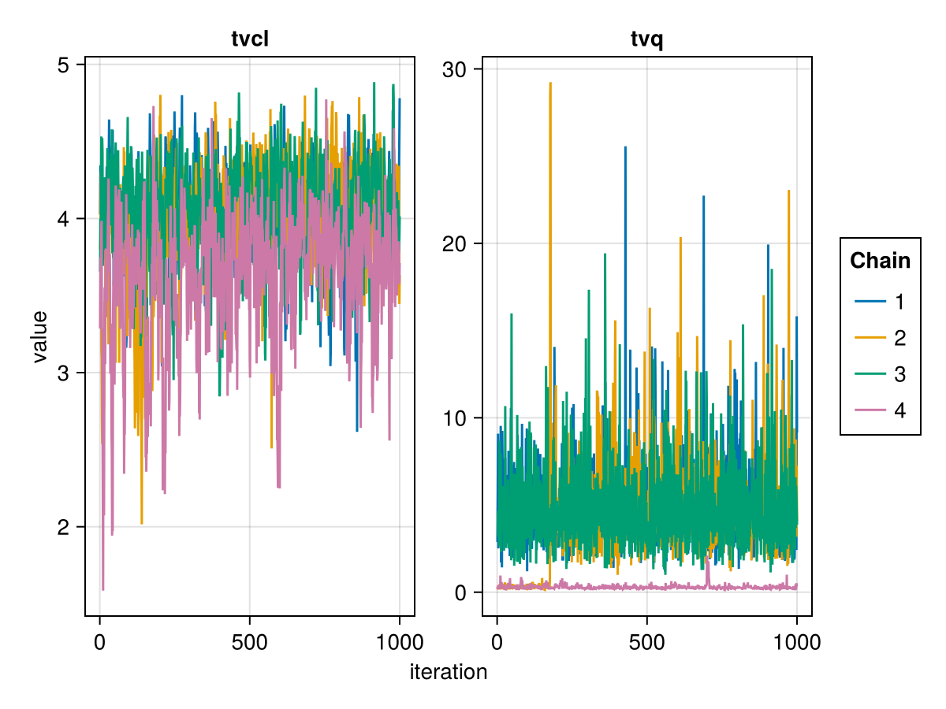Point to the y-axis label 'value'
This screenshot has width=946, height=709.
(39, 336)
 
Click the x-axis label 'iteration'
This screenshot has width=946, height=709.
(449, 672)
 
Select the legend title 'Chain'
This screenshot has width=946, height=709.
(880, 261)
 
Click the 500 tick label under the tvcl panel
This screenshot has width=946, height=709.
(250, 643)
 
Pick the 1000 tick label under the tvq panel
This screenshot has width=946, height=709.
(796, 643)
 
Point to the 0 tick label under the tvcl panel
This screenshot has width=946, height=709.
(99, 643)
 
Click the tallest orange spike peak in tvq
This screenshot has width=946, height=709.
(550, 83)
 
